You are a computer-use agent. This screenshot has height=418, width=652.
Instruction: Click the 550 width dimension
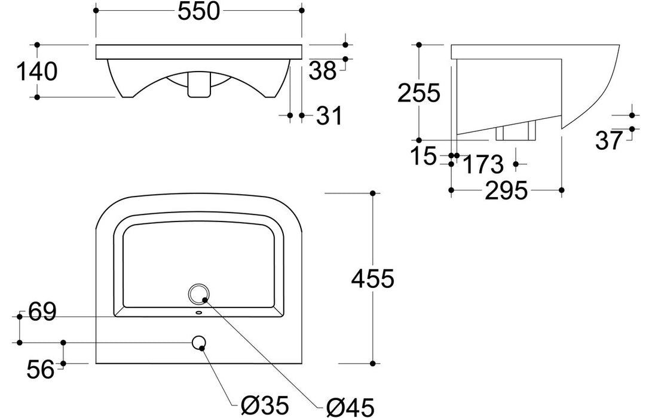coord(198,12)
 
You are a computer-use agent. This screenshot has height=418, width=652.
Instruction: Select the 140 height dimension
coord(36,72)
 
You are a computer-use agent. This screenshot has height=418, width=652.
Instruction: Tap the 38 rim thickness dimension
coord(323,72)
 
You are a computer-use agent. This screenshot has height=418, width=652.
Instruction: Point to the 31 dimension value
coord(329,116)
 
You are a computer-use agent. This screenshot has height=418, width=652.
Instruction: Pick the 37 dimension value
coord(610,140)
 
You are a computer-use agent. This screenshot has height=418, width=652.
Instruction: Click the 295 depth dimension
coord(507,191)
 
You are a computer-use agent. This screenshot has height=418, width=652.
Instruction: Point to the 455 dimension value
coord(372,278)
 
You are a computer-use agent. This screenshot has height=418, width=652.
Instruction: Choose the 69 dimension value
coord(41,312)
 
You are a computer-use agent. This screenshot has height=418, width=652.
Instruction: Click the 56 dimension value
coord(41,371)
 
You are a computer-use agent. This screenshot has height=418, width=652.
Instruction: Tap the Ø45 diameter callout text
coord(351,407)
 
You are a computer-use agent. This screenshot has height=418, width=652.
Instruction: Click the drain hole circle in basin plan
coord(198,293)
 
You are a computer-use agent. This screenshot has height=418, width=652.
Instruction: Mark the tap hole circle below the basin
coord(199,342)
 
